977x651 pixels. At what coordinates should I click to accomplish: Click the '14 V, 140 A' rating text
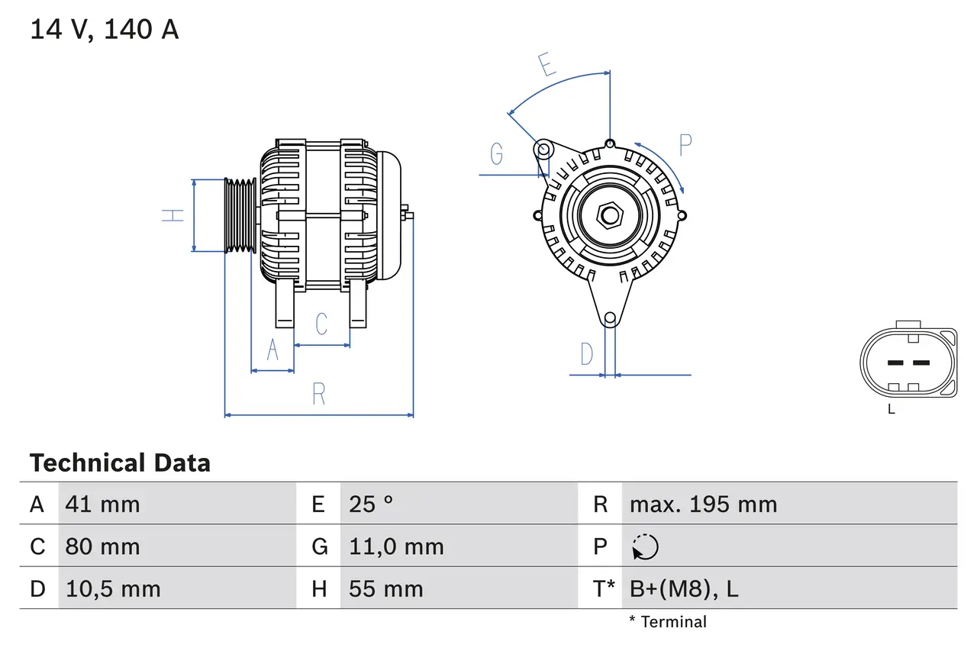(105, 30)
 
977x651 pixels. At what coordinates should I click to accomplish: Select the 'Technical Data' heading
(120, 462)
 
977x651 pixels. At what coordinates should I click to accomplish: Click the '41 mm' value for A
(102, 504)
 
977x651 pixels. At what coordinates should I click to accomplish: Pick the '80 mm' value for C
(102, 546)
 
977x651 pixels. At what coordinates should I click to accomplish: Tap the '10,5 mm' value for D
(113, 588)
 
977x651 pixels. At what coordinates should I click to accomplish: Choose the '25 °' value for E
(371, 504)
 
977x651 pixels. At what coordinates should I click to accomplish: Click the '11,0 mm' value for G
(396, 546)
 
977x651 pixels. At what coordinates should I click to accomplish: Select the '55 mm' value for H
(385, 588)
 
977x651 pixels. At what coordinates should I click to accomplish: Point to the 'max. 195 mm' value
(703, 504)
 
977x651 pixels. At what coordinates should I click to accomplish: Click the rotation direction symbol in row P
(645, 546)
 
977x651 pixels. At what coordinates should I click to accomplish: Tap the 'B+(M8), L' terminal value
(684, 588)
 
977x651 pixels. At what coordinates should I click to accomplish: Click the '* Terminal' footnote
(668, 622)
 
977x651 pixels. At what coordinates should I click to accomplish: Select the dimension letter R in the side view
(319, 394)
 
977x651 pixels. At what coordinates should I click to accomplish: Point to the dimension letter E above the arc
(547, 65)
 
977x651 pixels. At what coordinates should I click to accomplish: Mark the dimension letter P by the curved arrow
(685, 145)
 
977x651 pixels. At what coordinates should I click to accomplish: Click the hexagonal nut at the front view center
(609, 215)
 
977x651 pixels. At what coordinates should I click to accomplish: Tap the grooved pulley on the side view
(240, 215)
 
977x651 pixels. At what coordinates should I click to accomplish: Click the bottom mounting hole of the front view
(609, 318)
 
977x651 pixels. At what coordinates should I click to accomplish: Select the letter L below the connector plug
(891, 409)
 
